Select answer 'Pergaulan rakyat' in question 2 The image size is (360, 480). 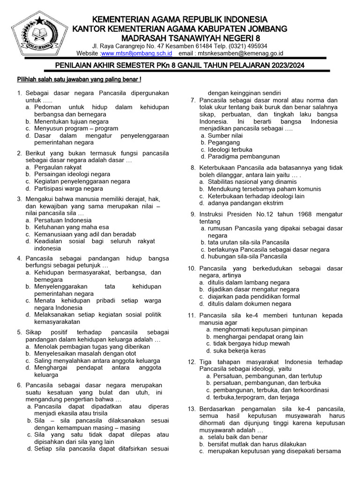point(58,167)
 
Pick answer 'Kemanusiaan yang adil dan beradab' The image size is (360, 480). point(85,234)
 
